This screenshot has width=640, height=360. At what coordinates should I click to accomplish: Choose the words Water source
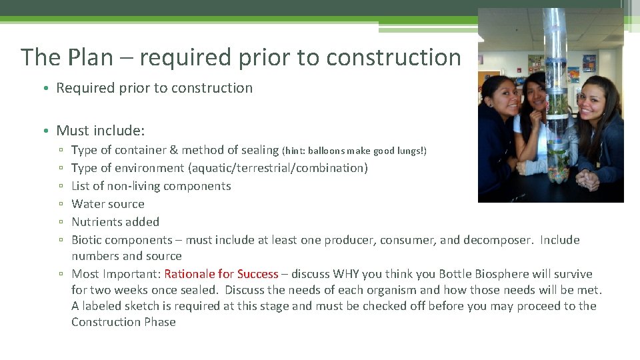(107, 204)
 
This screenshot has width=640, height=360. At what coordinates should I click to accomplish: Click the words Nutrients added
(115, 222)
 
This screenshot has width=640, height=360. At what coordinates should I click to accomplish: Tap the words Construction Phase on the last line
(123, 322)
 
